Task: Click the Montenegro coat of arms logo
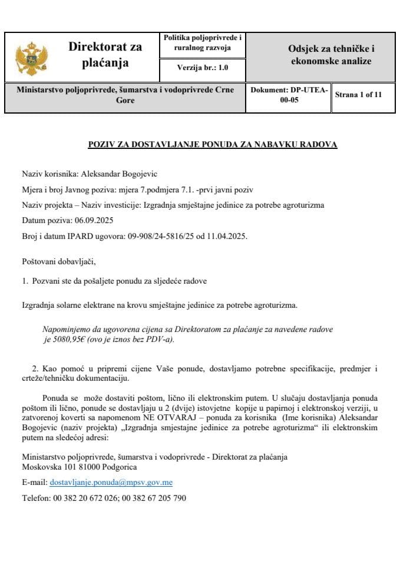27,57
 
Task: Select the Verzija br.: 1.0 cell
202,68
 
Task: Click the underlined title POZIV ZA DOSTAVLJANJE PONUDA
212,144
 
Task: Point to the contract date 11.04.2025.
228,237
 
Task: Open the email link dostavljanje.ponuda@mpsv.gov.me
111,483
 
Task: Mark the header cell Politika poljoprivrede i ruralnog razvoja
202,42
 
